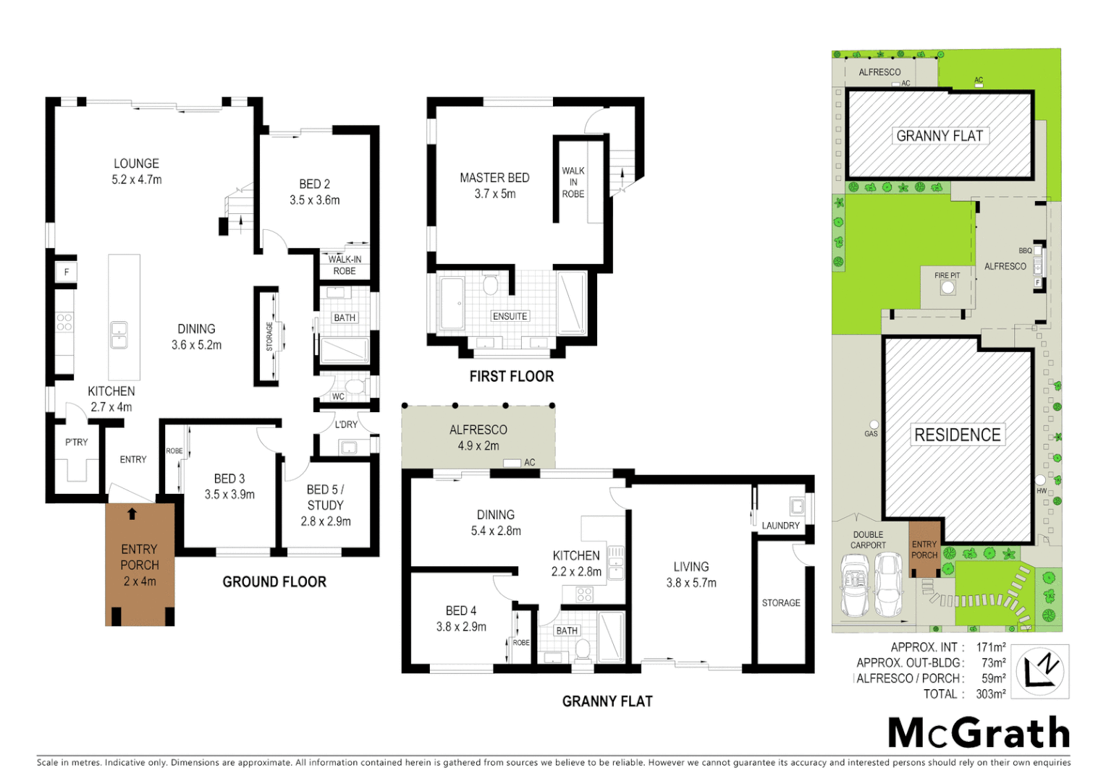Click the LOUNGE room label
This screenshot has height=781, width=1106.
tap(136, 164)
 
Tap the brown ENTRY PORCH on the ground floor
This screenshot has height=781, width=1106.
tap(140, 565)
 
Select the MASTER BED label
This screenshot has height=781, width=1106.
tap(494, 178)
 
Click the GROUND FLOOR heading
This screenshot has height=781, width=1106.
tap(274, 582)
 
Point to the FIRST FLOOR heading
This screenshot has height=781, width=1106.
tap(511, 377)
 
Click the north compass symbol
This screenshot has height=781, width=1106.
tap(1040, 672)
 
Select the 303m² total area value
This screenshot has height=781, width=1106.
tap(990, 694)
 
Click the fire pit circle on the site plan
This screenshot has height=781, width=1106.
tap(947, 288)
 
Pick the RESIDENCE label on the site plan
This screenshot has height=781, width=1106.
tap(957, 435)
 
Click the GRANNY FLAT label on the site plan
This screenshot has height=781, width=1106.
tap(940, 136)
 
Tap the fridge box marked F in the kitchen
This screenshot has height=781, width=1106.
tap(67, 273)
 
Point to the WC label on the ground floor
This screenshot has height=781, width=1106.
tap(338, 396)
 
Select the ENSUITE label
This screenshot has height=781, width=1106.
tap(510, 316)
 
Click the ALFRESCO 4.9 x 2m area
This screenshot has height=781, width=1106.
tap(478, 438)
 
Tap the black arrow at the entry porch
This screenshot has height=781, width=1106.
tap(132, 514)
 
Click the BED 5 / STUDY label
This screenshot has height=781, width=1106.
tap(325, 498)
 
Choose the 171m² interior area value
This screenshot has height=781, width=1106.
tap(991, 647)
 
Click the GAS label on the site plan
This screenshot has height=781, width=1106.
tap(871, 434)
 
